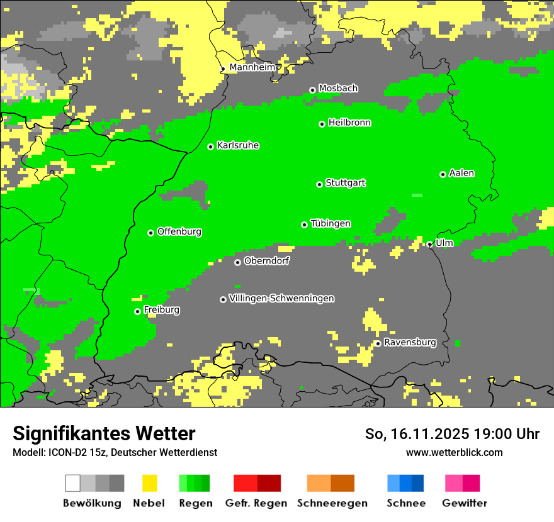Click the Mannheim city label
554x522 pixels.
coord(251,67)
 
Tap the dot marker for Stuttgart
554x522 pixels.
coord(319,184)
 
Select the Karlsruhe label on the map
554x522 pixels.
coord(237,145)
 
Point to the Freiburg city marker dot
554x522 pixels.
coord(137,311)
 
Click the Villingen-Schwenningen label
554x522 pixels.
coord(281,298)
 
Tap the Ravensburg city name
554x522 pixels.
coord(409,342)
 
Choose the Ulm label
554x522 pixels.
coord(444,243)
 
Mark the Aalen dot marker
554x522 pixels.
coord(443,174)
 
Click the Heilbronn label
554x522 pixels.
coord(349,123)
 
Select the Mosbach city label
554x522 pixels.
coord(337,88)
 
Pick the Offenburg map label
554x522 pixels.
coord(179,231)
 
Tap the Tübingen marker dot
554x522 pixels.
coord(304,225)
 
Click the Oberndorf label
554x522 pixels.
coord(266,260)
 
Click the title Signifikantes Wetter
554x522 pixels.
coord(104,433)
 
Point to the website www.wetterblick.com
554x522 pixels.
coord(454,452)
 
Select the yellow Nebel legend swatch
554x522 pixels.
coord(149,483)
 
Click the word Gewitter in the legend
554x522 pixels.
coord(464,503)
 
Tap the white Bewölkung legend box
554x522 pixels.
coord(72,483)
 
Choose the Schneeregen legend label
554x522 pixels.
coord(332,503)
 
